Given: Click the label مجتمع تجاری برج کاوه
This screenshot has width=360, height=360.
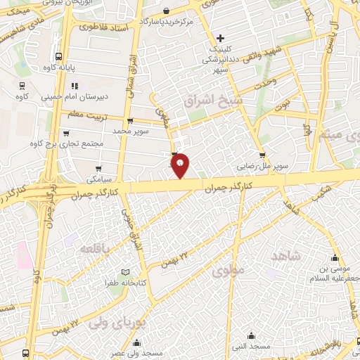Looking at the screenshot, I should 66,143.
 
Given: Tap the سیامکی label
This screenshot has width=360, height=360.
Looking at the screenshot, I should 85,169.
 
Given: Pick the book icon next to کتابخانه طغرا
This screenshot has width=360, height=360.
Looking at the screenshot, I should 126,271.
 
